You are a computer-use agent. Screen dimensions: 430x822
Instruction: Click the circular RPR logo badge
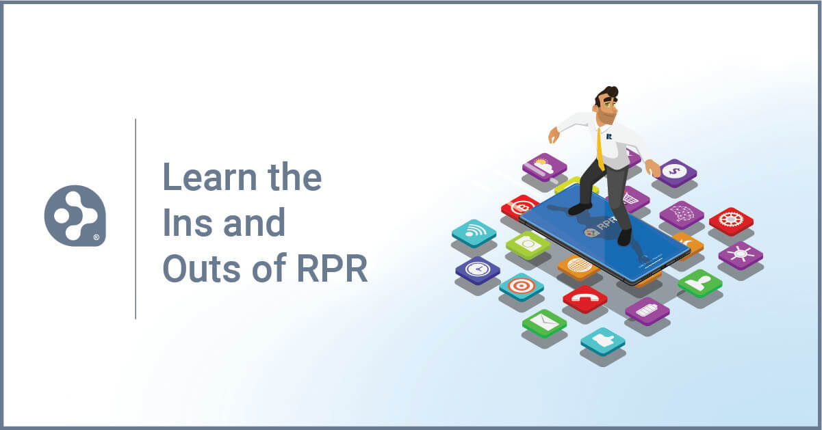coord(75,215)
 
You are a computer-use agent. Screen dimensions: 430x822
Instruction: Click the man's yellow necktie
coord(600,149)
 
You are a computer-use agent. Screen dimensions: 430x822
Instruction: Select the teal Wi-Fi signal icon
coord(474,232)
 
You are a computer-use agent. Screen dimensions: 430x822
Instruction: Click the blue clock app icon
coord(477,269)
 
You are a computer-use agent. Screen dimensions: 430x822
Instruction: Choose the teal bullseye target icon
coord(521,286)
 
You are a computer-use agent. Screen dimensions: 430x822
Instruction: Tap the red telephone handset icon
coord(585,297)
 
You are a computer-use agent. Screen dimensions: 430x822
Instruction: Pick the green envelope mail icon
coord(544,322)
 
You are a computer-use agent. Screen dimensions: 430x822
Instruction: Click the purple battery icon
coord(647,310)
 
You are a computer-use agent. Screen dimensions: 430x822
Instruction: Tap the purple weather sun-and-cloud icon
coord(544,166)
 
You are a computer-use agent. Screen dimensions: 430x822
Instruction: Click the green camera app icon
coord(528,243)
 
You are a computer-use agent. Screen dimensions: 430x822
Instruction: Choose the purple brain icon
coord(681,213)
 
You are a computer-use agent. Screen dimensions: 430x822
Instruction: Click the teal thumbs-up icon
coord(602,340)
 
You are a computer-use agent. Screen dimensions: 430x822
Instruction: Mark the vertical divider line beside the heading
coord(136,218)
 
